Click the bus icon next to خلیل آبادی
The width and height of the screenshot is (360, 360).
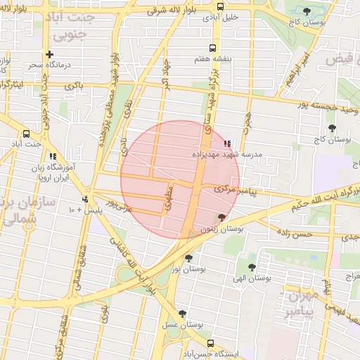pos(220,6)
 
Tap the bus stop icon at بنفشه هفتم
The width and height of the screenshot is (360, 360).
pos(213,49)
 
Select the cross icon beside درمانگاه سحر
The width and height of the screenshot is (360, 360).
pos(49,54)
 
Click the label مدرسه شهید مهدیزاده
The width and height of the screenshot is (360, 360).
pos(228,153)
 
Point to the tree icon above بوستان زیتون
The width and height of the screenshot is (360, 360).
pos(222,217)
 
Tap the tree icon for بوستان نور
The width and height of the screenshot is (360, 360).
pos(188,258)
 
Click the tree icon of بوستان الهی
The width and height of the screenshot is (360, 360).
pos(252,267)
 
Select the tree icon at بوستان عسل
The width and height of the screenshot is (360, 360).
pos(183,314)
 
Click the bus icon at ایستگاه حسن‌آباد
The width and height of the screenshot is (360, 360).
pos(211,343)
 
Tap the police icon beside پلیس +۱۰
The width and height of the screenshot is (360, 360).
pos(86,199)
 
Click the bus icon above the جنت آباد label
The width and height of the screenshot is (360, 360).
pos(26,134)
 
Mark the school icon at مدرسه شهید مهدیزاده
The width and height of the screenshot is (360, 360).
pos(226,143)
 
